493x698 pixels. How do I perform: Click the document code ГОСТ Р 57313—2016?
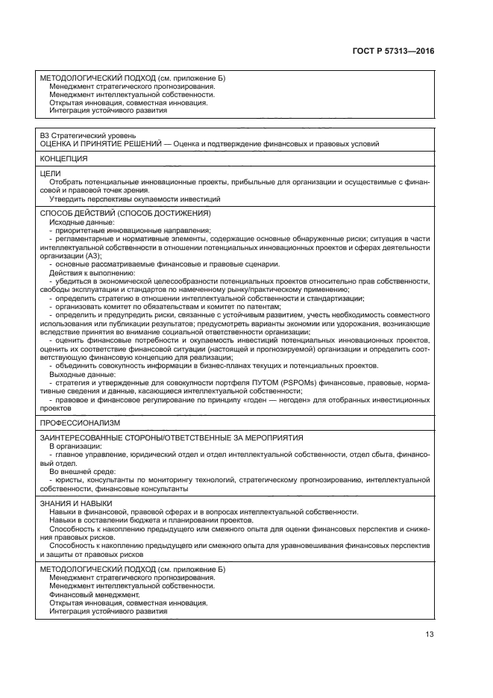coord(393,52)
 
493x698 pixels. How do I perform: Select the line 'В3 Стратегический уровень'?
coord(84,135)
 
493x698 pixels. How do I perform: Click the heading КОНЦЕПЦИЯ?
coord(64,159)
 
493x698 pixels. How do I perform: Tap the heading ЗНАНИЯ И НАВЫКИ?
coord(77,503)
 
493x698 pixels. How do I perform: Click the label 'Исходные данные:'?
coord(82,222)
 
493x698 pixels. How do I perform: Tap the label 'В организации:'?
coord(75,446)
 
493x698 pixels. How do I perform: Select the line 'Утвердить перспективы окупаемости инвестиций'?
coord(135,199)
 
